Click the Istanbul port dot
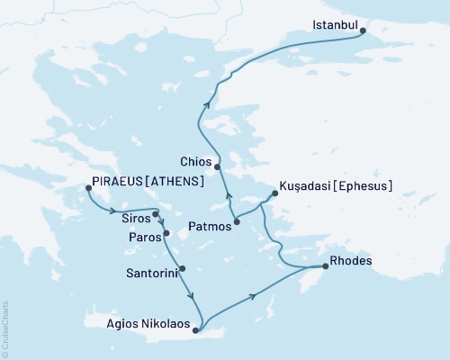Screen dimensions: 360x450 pyautogui.click(x=363, y=31)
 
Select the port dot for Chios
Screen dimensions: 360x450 pyautogui.click(x=218, y=166)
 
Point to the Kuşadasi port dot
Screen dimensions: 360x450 pyautogui.click(x=274, y=193)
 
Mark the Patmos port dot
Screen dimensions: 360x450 pyautogui.click(x=237, y=221)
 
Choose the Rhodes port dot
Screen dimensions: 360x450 pyautogui.click(x=325, y=266)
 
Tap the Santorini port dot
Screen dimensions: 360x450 pyautogui.click(x=183, y=268)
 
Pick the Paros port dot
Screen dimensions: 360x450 pyautogui.click(x=166, y=233)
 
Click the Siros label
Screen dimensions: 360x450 pyautogui.click(x=135, y=218)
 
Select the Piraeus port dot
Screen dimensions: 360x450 pyautogui.click(x=88, y=188)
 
